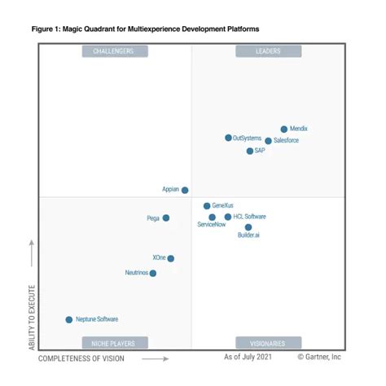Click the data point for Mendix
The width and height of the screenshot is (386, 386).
click(284, 129)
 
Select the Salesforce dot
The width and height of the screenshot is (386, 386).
click(268, 141)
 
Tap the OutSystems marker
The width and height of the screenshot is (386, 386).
click(228, 138)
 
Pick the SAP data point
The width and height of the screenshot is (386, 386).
click(250, 151)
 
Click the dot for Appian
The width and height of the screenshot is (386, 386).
click(185, 190)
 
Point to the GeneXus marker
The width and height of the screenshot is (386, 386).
click(207, 206)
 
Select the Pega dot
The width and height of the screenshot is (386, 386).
click(166, 217)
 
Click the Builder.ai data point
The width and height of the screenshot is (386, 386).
click(248, 227)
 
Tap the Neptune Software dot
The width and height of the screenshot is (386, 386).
click(68, 319)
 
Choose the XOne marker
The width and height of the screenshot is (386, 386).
click(170, 258)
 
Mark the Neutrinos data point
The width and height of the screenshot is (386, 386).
click(153, 273)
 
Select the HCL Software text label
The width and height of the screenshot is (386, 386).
click(250, 217)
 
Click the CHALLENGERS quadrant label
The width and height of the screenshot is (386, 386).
click(114, 51)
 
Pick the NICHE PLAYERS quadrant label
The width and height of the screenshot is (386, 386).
click(114, 343)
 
